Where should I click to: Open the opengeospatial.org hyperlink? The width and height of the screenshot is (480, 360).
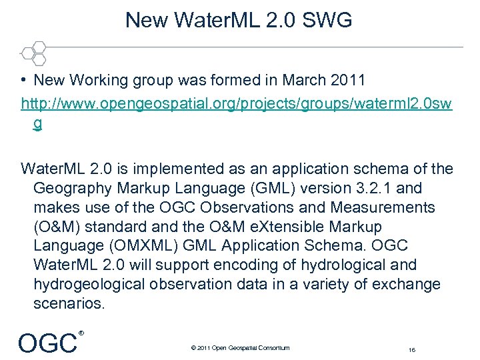[x=237, y=104]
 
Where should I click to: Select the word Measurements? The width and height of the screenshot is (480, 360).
[x=389, y=207]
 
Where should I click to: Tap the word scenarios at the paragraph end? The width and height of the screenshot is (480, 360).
[x=69, y=304]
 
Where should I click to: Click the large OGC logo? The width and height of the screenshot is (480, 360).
[x=47, y=343]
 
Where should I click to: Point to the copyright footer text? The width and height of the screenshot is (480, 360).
[x=239, y=347]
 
